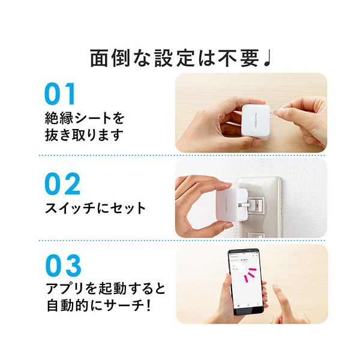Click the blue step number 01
coord(61,95)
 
